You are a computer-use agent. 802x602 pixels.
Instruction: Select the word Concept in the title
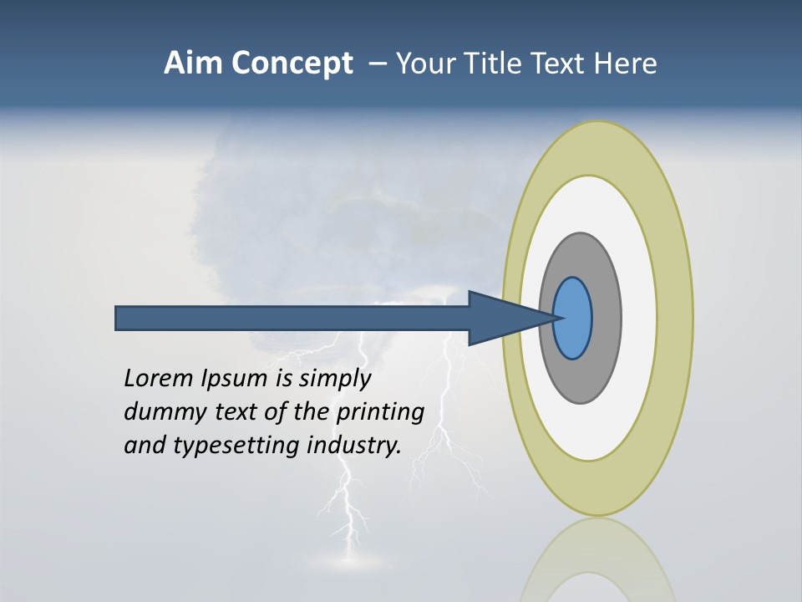292,64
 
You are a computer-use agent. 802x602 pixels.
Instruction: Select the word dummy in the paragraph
161,412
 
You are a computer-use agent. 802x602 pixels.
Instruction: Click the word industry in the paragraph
354,446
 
